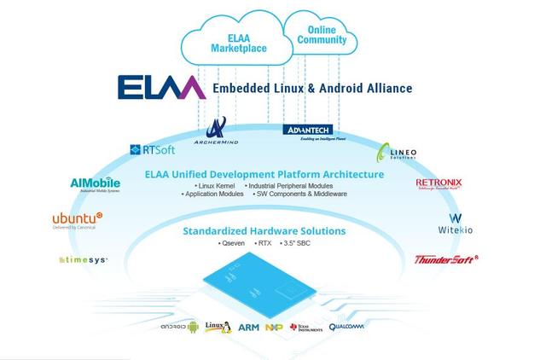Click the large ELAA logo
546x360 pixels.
(x=161, y=88)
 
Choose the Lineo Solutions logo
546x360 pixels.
(x=399, y=153)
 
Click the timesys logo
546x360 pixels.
(x=83, y=259)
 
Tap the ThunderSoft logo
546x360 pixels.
(x=446, y=260)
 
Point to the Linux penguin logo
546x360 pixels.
(x=219, y=327)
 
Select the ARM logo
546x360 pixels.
(x=249, y=328)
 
